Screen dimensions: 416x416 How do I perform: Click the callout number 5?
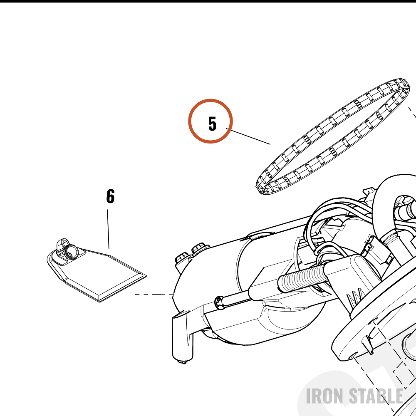pyautogui.click(x=212, y=124)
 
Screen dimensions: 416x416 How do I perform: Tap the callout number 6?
pyautogui.click(x=110, y=196)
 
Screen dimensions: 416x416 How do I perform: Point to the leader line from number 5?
pyautogui.click(x=248, y=136)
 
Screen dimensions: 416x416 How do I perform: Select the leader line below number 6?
pyautogui.click(x=108, y=229)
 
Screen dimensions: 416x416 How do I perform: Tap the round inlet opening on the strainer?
pyautogui.click(x=72, y=251)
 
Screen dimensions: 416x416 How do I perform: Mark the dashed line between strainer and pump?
pyautogui.click(x=154, y=294)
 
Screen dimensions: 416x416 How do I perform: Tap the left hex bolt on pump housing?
pyautogui.click(x=182, y=258)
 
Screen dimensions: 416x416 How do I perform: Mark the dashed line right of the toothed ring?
pyautogui.click(x=412, y=113)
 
